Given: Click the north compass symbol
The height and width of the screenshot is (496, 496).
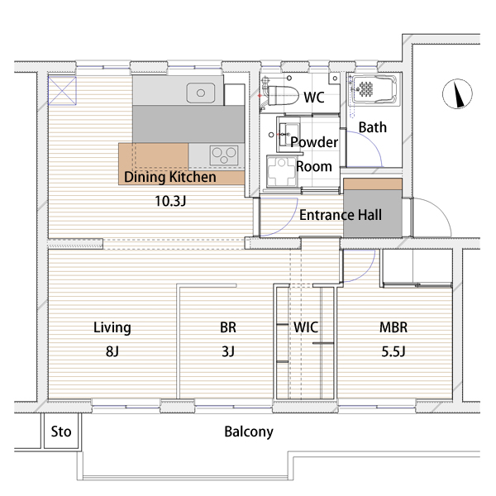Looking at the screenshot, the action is coord(457,93).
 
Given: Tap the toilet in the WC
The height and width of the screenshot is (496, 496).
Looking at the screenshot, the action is coord(281,94).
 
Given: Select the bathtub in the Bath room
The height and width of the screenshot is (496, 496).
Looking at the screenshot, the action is coord(374,89).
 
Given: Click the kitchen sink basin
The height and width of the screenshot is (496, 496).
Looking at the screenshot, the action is coord(201,93).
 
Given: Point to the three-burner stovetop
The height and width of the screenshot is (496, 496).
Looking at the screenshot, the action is coord(224,155).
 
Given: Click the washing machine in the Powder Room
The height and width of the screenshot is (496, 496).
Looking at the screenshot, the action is coord(282,171).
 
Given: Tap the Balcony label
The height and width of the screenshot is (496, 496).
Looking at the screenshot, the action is coord(249,432).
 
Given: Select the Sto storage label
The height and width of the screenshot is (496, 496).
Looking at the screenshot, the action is coord(61,432).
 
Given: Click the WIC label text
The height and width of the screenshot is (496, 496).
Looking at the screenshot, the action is coord(306,327).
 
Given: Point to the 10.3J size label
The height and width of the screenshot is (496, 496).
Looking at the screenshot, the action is coord(170,201).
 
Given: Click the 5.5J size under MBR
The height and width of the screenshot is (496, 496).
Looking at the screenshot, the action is coord(393,351).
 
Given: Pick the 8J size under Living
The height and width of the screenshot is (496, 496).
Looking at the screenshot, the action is coord(112,351).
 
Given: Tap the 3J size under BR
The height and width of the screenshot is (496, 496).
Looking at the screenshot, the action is coord(228,351).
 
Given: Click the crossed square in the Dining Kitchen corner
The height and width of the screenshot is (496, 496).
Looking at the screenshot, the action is coord(62,90).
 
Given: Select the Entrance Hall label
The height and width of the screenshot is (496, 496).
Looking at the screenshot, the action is coord(341,215).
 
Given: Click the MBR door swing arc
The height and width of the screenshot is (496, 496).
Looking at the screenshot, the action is coord(366,272).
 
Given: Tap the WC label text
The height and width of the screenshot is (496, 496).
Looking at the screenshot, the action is coord(314,97).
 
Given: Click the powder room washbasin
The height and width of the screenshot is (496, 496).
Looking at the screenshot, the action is coord(289,134).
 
